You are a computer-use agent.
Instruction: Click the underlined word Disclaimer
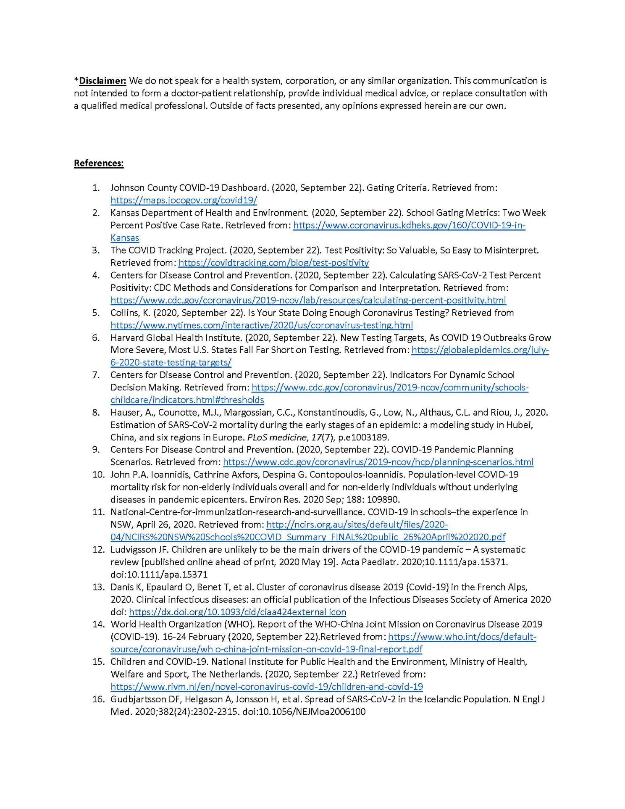coord(102,81)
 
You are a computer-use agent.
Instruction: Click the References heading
coord(99,163)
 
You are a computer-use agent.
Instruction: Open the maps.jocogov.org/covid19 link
coord(184,200)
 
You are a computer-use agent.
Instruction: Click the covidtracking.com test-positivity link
coord(273,263)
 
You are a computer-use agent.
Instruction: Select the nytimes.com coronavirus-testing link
coord(262,325)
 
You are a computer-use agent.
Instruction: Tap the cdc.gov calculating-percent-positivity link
coord(308,300)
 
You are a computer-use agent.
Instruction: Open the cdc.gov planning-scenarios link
coord(378,462)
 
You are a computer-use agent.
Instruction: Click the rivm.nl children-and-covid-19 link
coord(267,687)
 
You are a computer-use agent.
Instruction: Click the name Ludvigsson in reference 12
coord(131,549)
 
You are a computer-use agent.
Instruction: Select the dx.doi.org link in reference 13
coord(237,612)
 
